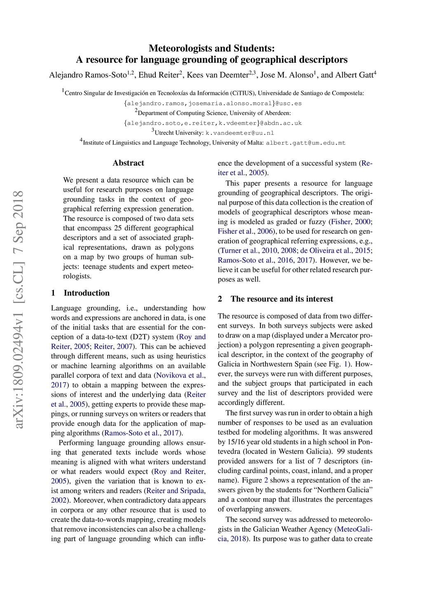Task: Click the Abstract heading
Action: [x=128, y=163]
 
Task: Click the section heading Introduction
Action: [x=87, y=293]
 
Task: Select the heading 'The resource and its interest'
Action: [x=281, y=299]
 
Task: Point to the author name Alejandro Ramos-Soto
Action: [x=88, y=75]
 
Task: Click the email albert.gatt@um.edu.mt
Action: [x=305, y=143]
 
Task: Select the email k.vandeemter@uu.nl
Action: [x=239, y=133]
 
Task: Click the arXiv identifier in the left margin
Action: [x=19, y=309]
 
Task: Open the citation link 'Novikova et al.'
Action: [x=181, y=375]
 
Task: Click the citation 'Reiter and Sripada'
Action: [x=176, y=491]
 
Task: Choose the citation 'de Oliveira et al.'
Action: [x=335, y=251]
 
